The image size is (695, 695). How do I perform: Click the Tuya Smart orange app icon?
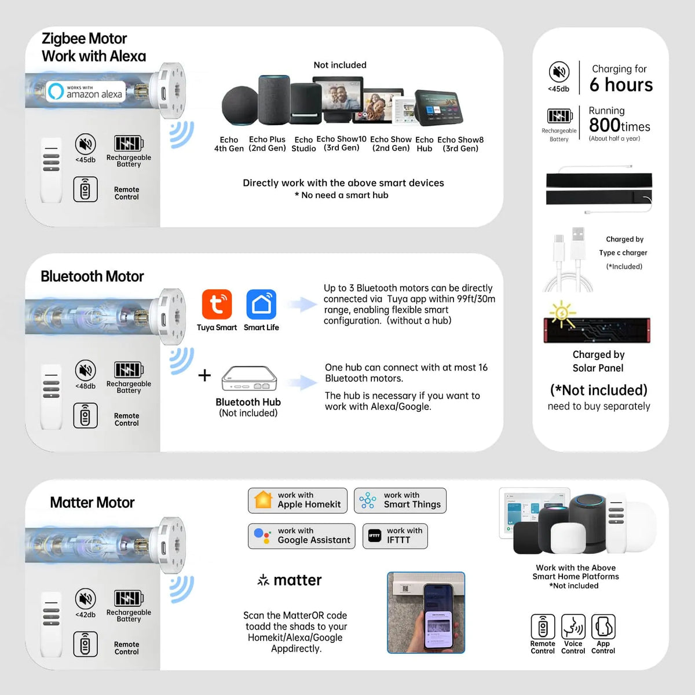point(217,304)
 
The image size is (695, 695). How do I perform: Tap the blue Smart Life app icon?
point(261,304)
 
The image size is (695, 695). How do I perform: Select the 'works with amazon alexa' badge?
point(86,92)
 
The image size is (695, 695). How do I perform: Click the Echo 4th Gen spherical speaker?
point(239,105)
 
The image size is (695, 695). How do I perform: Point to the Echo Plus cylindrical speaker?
point(274,100)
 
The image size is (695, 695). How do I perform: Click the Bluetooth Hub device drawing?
point(249,378)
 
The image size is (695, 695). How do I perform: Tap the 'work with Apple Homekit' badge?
point(298,500)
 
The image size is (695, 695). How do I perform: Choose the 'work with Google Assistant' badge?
point(302,536)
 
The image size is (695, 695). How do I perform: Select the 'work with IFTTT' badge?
point(395,536)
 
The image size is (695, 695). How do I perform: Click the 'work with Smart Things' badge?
point(400,500)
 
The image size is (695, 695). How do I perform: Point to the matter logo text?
point(289,580)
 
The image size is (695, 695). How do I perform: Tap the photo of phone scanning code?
point(426,612)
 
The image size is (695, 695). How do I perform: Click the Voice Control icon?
point(573,627)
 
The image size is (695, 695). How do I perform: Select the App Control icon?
point(603,627)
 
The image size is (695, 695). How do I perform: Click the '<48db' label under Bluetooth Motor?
point(86,386)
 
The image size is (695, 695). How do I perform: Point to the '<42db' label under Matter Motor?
point(86,614)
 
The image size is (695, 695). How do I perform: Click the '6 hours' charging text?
point(621,85)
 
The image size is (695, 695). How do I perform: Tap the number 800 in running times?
point(605,125)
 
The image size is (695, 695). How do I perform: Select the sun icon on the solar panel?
point(562,313)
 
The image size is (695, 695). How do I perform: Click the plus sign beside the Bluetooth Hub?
point(204,375)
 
